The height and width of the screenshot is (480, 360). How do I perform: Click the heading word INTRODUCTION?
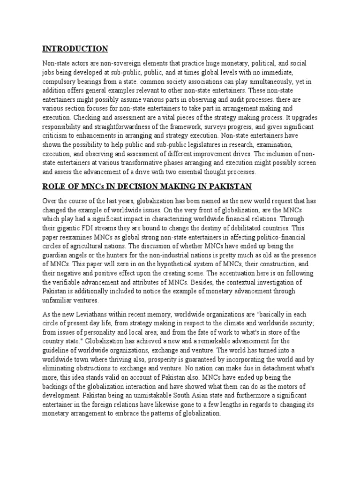[75, 49]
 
